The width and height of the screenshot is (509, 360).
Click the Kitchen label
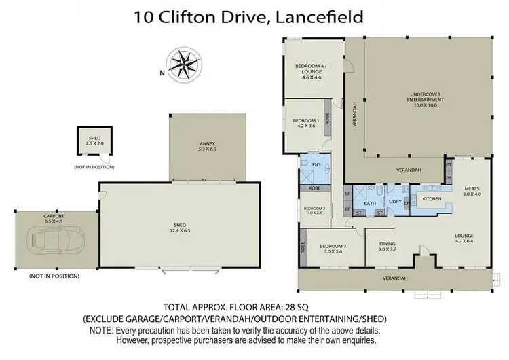point(432,198)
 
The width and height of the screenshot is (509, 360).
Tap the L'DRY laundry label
point(395,202)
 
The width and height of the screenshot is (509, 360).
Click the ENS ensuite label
point(315,164)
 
